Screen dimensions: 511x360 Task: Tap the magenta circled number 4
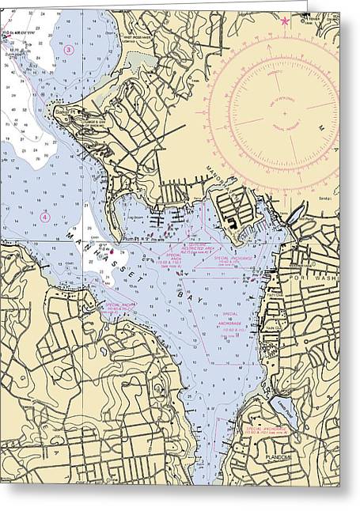[45, 216]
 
